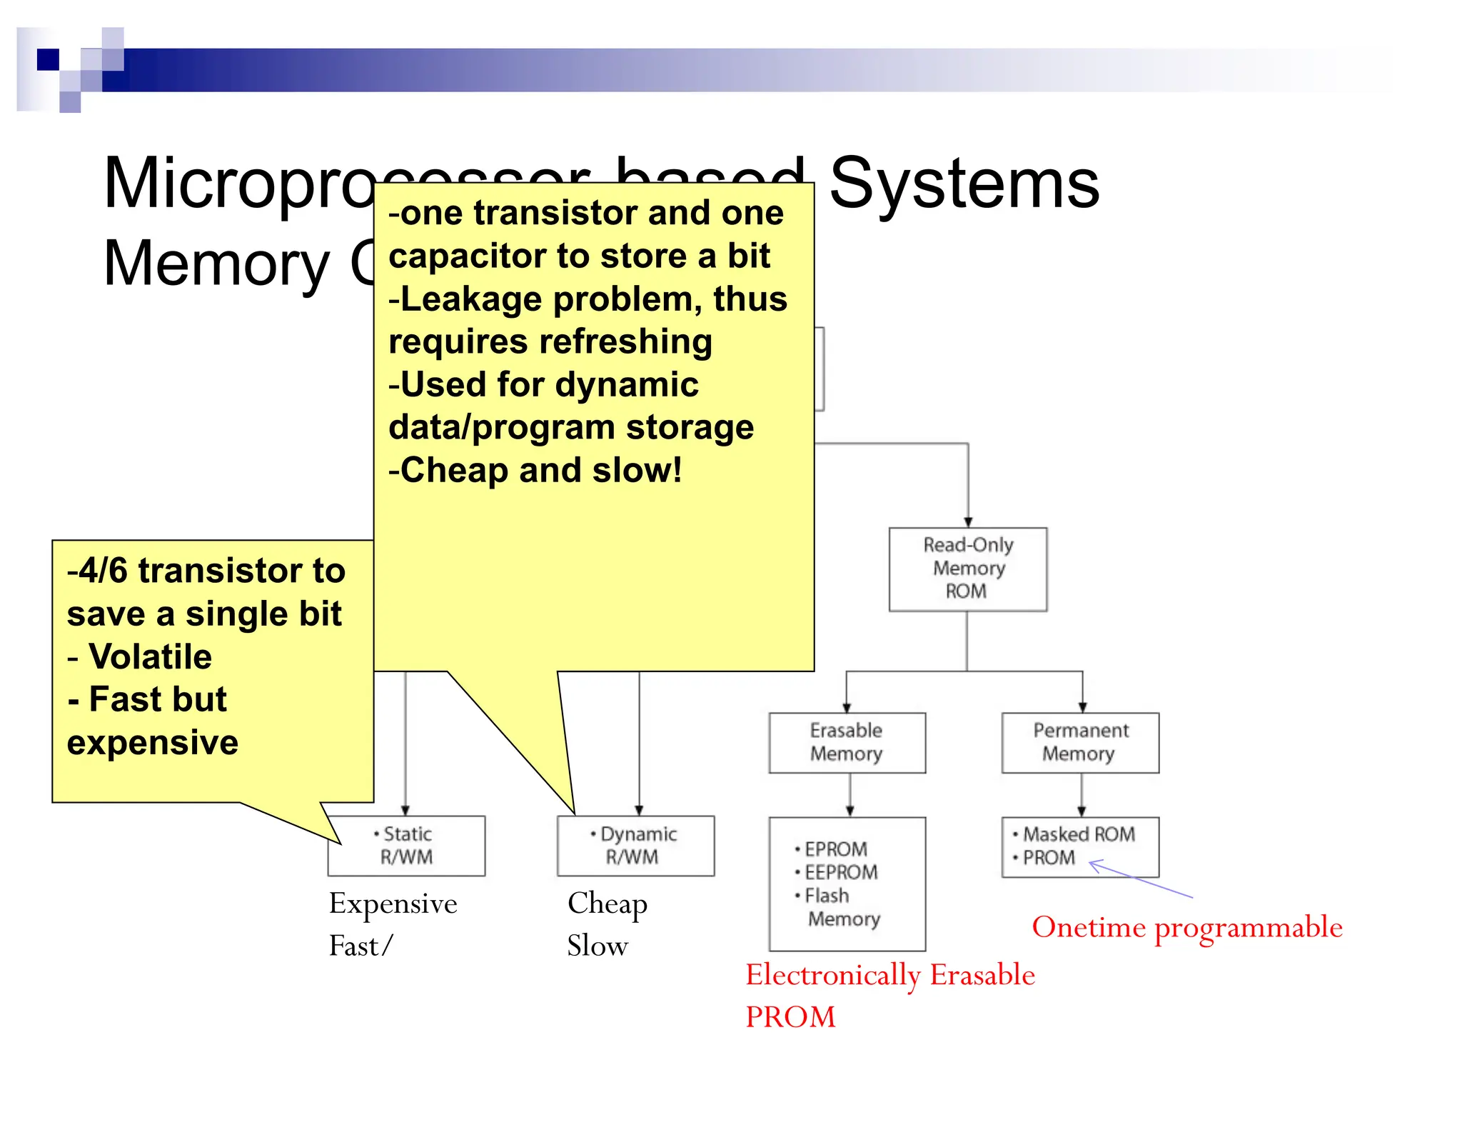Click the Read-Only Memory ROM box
coord(967,569)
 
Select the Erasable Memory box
coord(847,742)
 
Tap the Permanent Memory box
coord(1080,742)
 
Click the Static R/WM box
coord(406,846)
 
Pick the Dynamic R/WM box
coord(635,846)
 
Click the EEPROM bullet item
coord(841,872)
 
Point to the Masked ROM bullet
coord(1078,834)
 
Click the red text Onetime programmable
coord(1186,927)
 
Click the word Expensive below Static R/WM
coord(393,904)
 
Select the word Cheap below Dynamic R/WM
coord(608,904)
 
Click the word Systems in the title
coord(964,184)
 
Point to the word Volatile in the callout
coord(150,656)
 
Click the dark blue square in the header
coord(48,59)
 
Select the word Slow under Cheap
coord(598,946)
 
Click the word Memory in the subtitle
coord(216,264)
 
